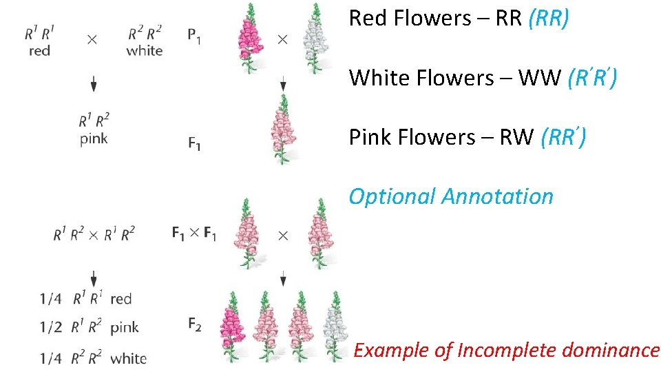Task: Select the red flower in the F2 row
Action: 233,327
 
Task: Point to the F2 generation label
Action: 194,324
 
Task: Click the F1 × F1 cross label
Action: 193,234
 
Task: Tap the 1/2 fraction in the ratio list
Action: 50,327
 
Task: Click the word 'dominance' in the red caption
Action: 611,351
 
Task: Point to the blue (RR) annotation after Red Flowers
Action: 548,19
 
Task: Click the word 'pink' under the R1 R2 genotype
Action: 93,138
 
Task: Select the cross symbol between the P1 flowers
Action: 282,39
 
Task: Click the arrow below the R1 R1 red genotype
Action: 93,85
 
